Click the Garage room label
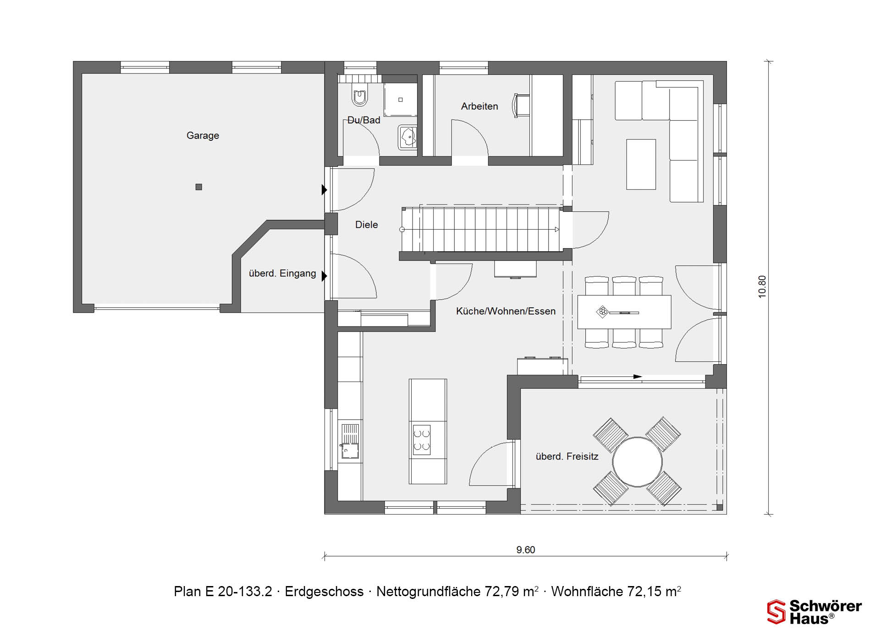[203, 136]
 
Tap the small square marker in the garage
[199, 187]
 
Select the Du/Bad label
[364, 120]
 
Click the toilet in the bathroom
[360, 96]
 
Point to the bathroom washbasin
[407, 137]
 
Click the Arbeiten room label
[479, 106]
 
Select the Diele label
[367, 225]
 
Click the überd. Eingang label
[282, 273]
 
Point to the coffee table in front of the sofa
[641, 164]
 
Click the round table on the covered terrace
[638, 462]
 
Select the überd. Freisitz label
[567, 457]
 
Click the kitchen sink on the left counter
[350, 441]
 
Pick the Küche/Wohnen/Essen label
[506, 311]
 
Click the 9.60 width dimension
[526, 550]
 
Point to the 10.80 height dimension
[762, 287]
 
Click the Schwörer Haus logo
[814, 612]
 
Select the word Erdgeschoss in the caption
[324, 592]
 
